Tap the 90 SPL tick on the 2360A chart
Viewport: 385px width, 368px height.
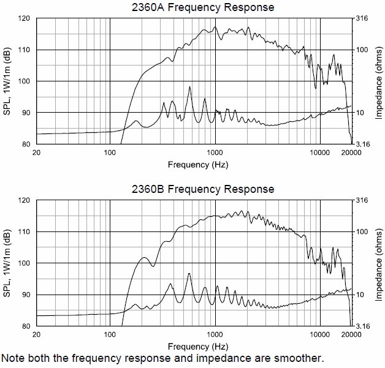26,113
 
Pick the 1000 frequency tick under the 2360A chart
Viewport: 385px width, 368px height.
215,152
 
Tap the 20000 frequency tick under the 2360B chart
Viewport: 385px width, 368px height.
351,334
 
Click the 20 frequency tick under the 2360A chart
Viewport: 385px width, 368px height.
36,152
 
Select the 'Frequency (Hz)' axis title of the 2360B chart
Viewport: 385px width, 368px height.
193,346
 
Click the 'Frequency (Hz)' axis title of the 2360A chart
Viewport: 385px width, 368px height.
193,164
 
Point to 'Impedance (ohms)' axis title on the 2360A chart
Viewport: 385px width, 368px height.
379,81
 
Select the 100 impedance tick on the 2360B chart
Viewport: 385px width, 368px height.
362,231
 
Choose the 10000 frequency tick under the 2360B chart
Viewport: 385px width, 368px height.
319,334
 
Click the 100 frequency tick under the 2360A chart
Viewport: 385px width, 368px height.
110,152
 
